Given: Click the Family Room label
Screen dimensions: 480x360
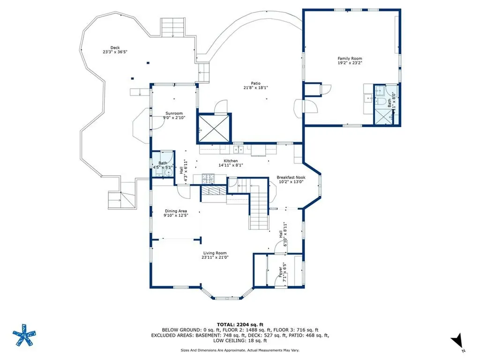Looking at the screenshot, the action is pos(350,58).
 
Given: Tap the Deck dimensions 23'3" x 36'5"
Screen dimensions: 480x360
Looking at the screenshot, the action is pos(115,52).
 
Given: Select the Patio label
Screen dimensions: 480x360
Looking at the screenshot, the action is pos(255,83).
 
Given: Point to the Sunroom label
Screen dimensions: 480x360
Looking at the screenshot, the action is pos(174,113).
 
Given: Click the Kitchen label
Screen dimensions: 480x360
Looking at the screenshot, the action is pos(231,161).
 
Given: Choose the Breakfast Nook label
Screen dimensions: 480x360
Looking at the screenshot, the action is pos(291,177).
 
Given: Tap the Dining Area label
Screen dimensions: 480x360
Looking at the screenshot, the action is pos(176,211).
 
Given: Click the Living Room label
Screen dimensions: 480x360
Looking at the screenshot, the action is pos(215,253).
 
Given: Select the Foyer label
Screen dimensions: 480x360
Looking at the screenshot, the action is pos(280,272).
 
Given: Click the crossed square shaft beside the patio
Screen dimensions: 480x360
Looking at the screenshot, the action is pos(214,128).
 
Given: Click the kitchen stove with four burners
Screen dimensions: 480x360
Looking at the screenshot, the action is pos(208,178).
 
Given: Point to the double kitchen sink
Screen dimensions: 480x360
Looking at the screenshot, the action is pos(238,150).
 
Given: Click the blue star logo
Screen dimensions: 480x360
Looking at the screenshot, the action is pos(24,335).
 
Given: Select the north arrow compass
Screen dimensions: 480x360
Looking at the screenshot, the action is pos(458,342).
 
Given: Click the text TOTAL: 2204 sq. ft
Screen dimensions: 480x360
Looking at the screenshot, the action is pos(240,324).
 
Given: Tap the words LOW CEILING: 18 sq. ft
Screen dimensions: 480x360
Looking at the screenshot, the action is pos(240,340).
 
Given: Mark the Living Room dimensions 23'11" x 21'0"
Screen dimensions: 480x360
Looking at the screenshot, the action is pos(215,257).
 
